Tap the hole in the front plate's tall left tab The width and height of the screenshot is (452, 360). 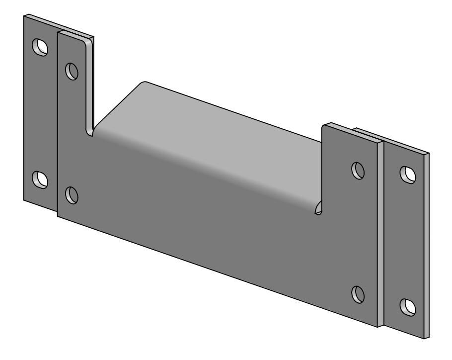point(72,71)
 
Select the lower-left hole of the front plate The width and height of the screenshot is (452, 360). point(72,194)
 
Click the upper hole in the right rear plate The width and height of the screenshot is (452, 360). point(408,174)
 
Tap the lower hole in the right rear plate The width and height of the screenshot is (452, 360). point(408,306)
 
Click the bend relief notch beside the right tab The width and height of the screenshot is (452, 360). point(318,209)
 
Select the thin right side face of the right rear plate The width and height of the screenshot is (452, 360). point(427,249)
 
